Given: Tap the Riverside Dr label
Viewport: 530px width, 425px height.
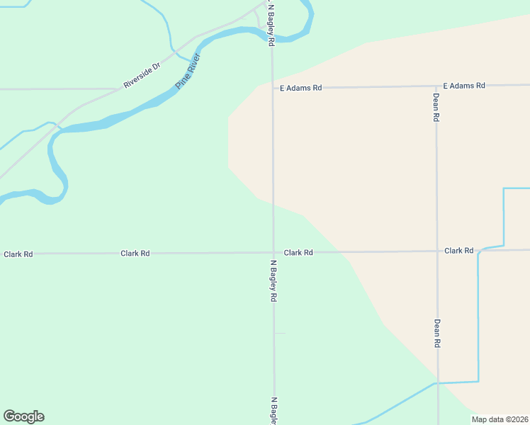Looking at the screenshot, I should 142,74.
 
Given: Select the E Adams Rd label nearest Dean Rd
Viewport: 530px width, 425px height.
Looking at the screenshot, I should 464,86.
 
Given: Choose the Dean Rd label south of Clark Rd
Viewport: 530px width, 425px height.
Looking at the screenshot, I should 437,333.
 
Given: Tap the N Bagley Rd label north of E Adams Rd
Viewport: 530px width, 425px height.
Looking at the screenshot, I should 271,24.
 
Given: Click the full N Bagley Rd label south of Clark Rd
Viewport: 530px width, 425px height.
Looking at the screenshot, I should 273,281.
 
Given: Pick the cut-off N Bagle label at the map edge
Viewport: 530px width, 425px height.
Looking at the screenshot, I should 274,410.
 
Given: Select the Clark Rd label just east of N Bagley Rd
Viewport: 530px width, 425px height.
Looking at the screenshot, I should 298,252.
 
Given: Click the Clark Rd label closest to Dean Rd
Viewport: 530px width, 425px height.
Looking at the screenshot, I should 459,251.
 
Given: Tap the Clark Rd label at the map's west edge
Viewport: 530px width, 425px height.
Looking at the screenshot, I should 18,254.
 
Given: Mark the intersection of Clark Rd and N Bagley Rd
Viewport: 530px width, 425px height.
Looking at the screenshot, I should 274,252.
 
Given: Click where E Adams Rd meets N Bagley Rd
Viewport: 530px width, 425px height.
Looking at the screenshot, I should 273,88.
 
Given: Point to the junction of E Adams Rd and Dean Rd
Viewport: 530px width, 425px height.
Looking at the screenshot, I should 436,86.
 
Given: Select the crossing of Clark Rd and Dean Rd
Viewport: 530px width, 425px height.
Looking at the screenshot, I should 437,251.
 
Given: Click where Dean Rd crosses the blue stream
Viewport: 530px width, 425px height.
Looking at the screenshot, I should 438,383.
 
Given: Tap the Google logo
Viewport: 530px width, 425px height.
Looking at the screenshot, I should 23,416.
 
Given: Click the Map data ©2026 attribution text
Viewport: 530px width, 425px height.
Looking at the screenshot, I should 500,419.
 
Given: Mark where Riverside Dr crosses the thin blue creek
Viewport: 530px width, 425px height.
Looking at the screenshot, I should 174,51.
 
